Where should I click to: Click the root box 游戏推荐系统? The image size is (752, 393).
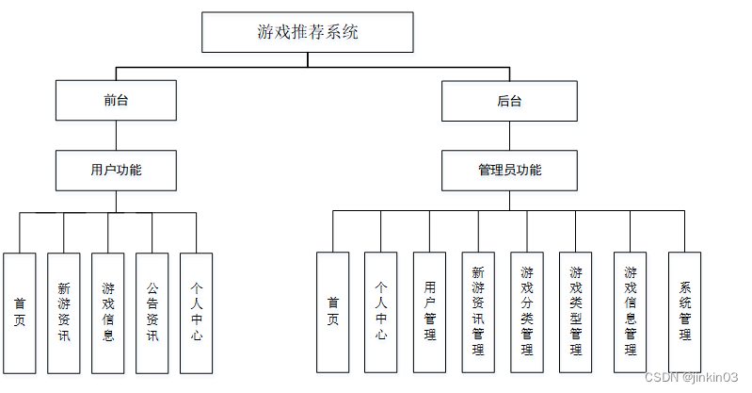[308, 32]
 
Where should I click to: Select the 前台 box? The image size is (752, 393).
[116, 101]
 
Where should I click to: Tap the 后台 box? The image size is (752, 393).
[509, 101]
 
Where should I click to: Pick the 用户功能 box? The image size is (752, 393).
[116, 171]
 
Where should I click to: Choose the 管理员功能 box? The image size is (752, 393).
[509, 171]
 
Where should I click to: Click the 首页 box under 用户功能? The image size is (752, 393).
[20, 311]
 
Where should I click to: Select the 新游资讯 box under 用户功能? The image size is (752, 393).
[64, 311]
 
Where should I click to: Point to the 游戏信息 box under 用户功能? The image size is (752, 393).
[108, 311]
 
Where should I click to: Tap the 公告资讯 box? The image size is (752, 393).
[152, 311]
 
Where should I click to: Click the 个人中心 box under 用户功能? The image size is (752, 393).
[197, 311]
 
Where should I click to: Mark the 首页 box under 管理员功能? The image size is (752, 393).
[332, 311]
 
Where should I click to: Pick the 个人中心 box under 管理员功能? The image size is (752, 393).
[381, 311]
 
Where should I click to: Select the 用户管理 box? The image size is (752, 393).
[430, 311]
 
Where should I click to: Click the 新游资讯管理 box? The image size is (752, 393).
[478, 311]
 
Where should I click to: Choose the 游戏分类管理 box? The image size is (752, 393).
[527, 311]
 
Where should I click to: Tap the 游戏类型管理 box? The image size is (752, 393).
[576, 311]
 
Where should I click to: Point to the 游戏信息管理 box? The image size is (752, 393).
[630, 311]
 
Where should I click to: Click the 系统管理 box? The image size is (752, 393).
[685, 311]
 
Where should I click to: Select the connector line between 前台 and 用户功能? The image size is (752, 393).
[116, 136]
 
